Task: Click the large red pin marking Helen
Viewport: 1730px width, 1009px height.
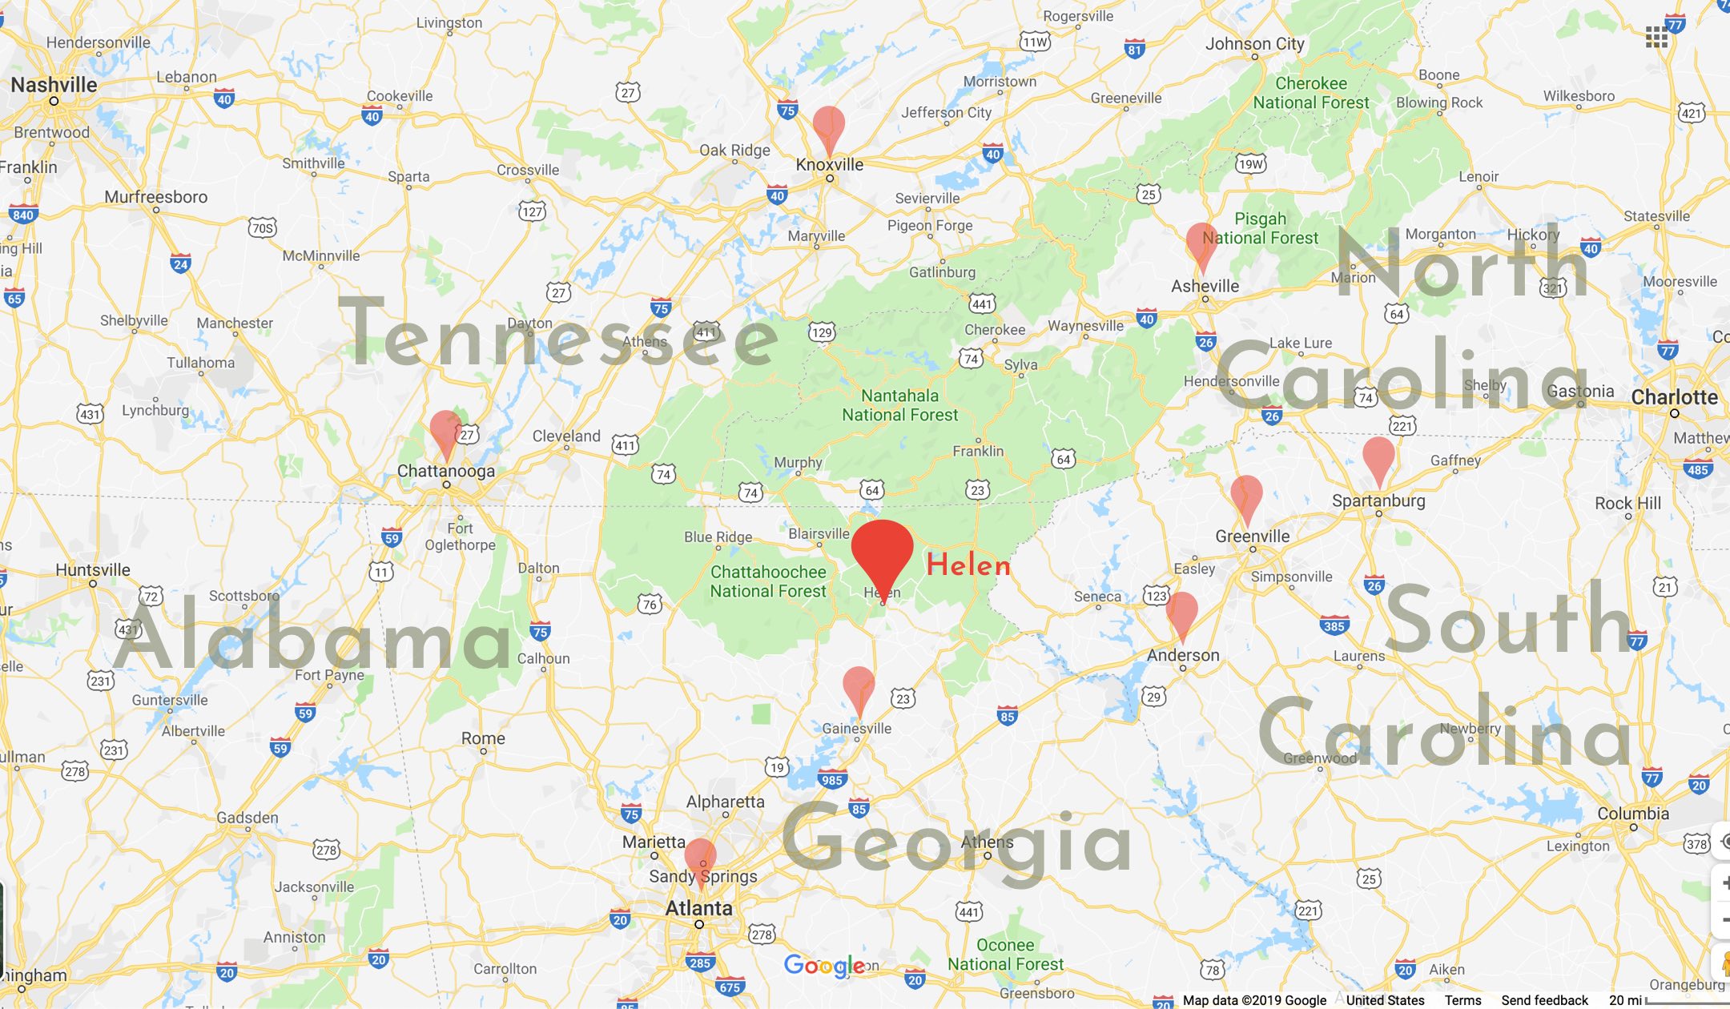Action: click(882, 549)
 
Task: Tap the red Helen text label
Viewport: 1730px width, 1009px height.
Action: click(968, 565)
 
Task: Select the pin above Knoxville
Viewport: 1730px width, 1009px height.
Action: click(828, 127)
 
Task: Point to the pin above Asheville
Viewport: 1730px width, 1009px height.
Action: click(1201, 243)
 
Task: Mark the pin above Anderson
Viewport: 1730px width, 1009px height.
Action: click(1182, 612)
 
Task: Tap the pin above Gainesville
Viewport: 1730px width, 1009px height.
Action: click(859, 686)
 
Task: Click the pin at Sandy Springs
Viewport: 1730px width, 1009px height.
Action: click(701, 858)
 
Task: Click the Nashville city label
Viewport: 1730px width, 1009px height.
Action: click(54, 85)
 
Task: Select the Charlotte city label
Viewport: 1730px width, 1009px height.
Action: click(1674, 397)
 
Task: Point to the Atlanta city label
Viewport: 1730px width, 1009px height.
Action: click(698, 908)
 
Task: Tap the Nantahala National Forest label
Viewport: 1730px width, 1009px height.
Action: click(899, 405)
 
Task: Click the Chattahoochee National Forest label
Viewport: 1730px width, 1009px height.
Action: click(768, 581)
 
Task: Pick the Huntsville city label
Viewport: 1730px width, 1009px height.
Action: click(93, 570)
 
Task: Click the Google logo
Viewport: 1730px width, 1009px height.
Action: click(824, 966)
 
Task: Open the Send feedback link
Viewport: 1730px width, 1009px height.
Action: click(1544, 1000)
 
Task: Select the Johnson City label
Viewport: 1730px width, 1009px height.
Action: click(1254, 44)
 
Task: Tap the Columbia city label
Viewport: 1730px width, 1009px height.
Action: click(1633, 814)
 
